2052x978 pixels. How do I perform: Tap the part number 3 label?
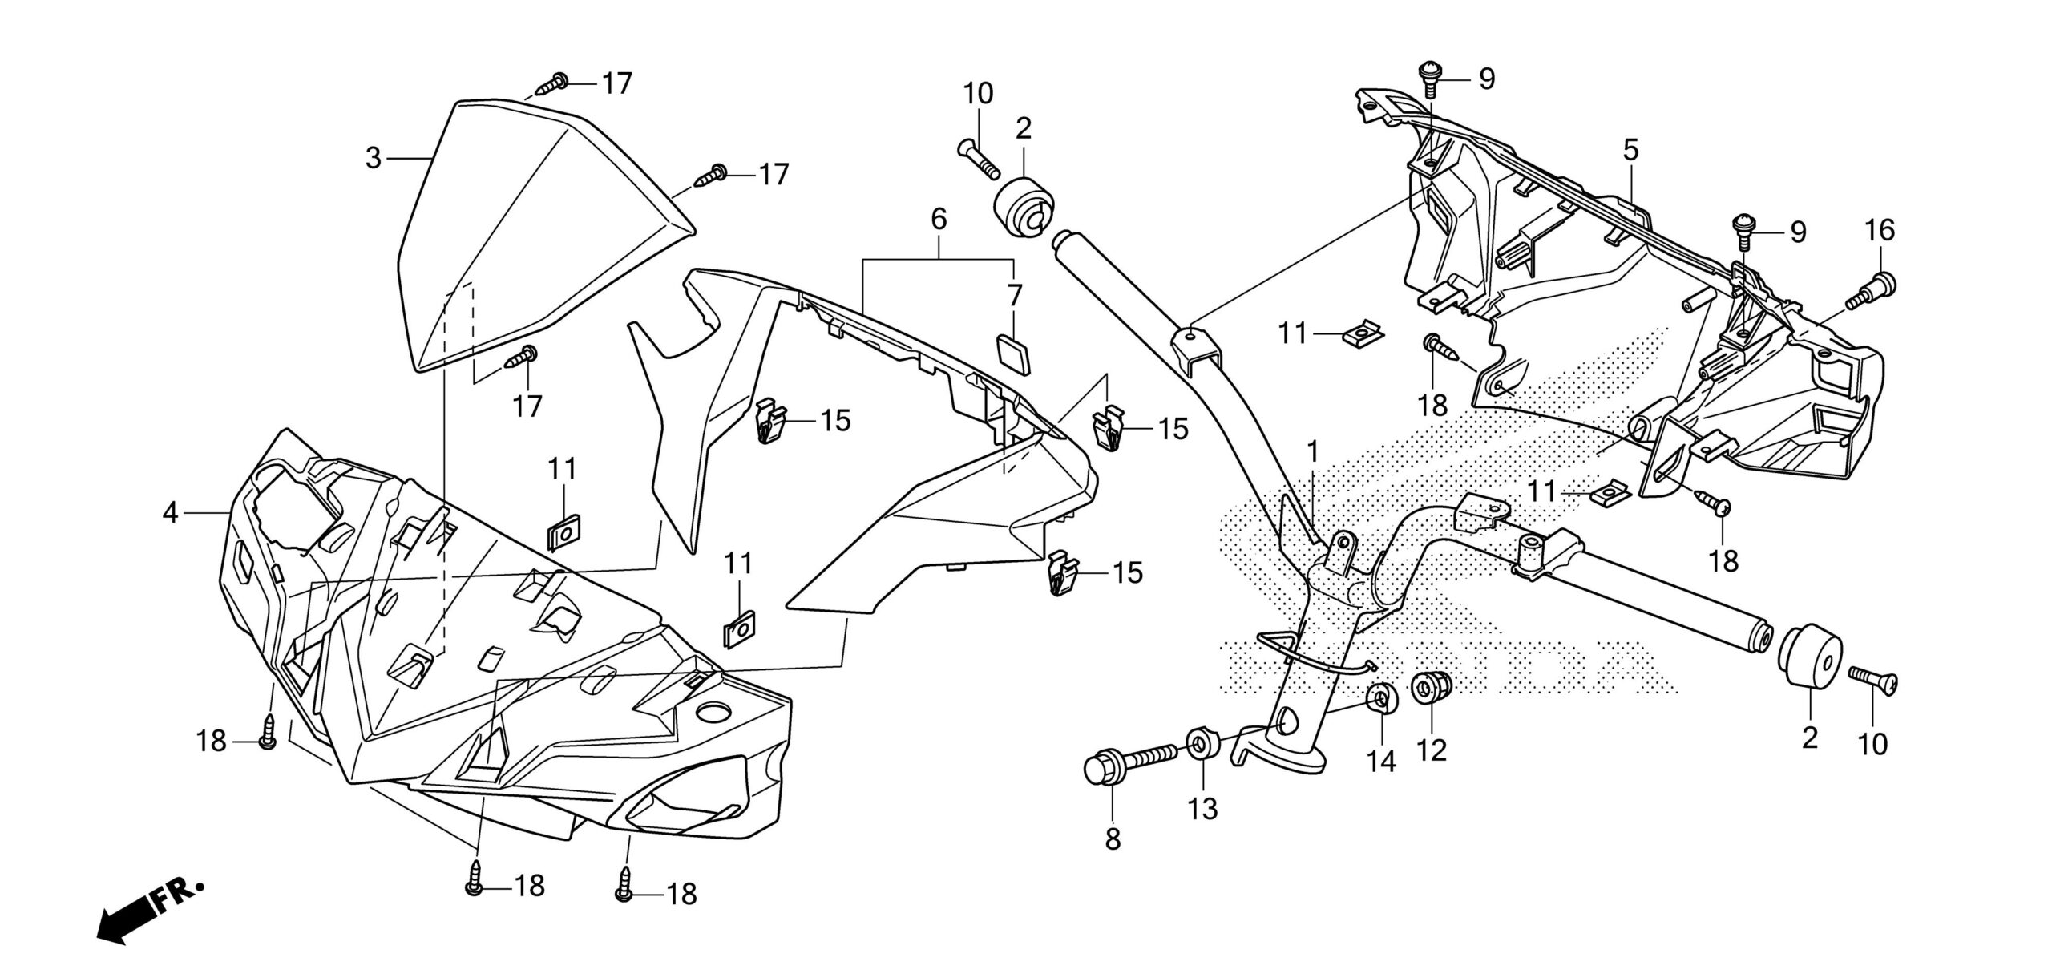click(x=373, y=159)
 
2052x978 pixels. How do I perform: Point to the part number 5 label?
click(x=1630, y=150)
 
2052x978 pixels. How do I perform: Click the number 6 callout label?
click(x=939, y=218)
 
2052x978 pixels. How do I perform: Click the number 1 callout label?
click(x=1312, y=453)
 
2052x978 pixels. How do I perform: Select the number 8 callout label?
click(x=1113, y=839)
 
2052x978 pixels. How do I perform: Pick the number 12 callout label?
click(x=1432, y=750)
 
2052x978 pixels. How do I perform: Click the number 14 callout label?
click(x=1382, y=762)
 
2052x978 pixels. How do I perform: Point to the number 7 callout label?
click(x=1015, y=295)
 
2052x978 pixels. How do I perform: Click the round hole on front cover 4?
click(x=713, y=711)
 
